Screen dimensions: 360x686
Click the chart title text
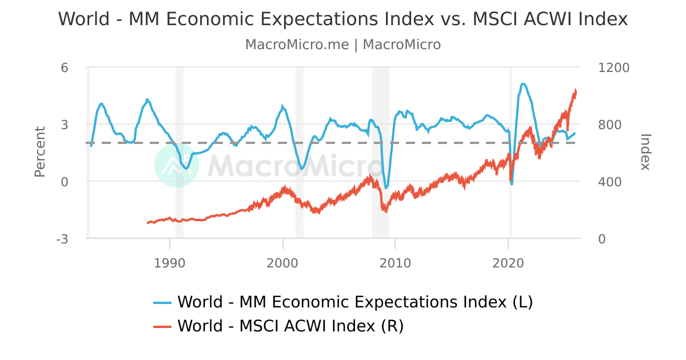(x=343, y=19)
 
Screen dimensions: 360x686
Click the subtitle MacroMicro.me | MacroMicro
(x=343, y=45)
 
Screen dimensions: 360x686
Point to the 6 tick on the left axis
(x=65, y=67)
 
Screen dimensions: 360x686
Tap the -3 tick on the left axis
(x=62, y=239)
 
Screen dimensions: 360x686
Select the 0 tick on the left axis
(x=65, y=182)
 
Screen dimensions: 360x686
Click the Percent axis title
(x=39, y=152)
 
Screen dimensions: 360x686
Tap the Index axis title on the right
(x=645, y=152)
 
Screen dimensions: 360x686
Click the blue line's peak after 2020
(x=523, y=84)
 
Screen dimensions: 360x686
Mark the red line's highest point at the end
(x=576, y=90)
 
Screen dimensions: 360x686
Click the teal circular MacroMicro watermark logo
(x=177, y=165)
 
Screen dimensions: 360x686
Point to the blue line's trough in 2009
(x=386, y=187)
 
